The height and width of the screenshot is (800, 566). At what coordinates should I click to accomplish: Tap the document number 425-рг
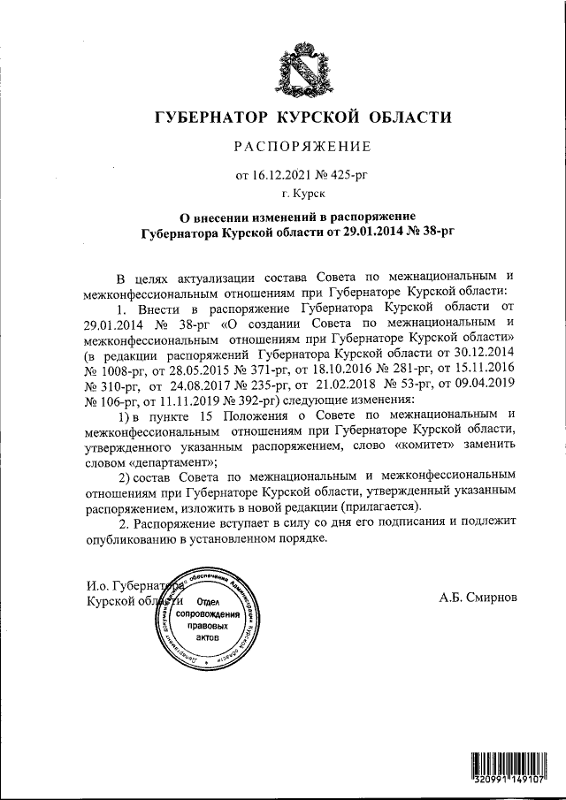pos(348,175)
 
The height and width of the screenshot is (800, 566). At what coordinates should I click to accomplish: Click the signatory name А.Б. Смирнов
pos(478,598)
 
